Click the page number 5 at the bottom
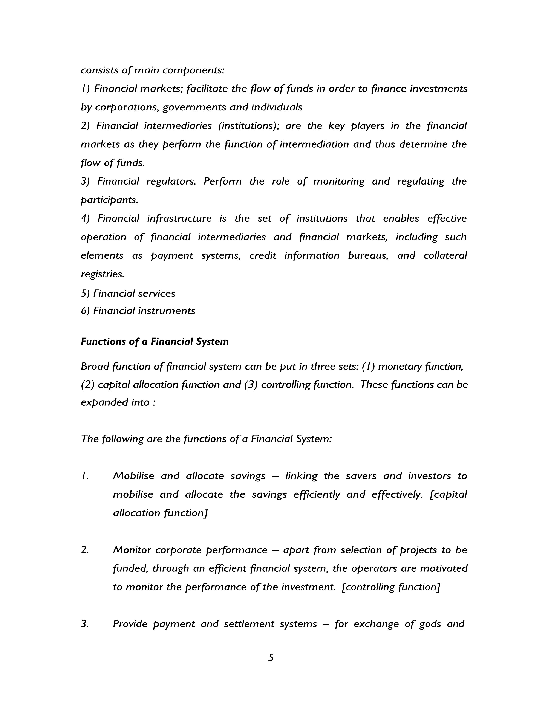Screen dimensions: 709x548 click(x=271, y=658)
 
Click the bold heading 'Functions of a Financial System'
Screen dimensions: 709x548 click(x=155, y=342)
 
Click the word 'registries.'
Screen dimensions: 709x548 click(x=103, y=274)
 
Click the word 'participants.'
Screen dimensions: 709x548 click(x=109, y=200)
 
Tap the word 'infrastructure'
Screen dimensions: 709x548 click(x=179, y=219)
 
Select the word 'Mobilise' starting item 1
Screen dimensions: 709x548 click(x=133, y=476)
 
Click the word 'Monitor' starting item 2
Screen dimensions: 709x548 click(x=132, y=550)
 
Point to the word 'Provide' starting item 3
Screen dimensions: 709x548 click(x=130, y=624)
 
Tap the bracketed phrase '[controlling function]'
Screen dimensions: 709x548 click(x=391, y=587)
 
